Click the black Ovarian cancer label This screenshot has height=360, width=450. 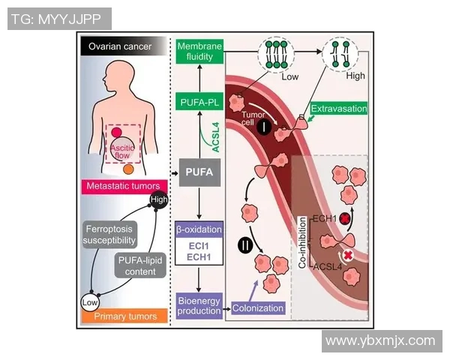click(120, 47)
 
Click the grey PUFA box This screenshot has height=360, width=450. click(199, 172)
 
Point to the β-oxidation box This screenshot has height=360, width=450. click(199, 228)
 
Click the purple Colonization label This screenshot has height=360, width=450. click(257, 307)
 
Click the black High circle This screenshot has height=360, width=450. click(158, 199)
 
